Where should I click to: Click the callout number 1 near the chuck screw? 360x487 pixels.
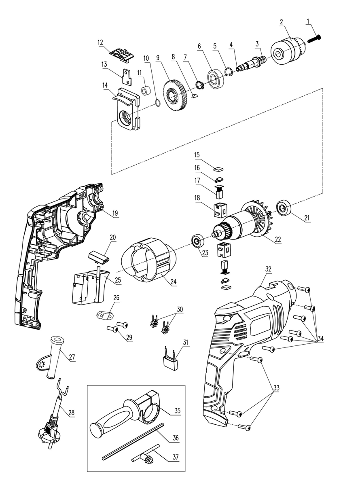click(x=308, y=21)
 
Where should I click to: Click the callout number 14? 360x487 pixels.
click(x=105, y=85)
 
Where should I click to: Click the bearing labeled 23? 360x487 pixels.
click(x=198, y=241)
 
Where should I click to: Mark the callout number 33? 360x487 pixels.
click(x=276, y=388)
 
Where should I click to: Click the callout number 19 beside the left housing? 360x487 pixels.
click(x=115, y=213)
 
